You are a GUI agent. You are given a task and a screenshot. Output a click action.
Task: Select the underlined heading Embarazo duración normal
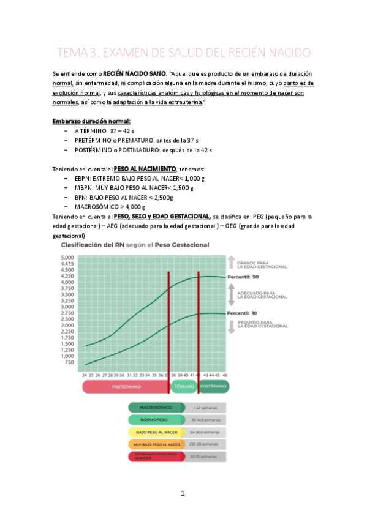(x=91, y=121)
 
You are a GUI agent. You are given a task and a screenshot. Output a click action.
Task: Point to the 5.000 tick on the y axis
(x=67, y=258)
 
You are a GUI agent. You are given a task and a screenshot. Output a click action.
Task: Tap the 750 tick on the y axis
(x=69, y=362)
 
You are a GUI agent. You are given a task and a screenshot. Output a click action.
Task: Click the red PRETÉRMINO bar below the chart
(x=126, y=387)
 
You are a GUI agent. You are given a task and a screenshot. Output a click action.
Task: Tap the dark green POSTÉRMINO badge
(x=213, y=387)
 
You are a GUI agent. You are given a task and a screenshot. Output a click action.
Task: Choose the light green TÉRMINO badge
(x=183, y=387)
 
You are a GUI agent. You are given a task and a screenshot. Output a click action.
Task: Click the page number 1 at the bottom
(x=183, y=493)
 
